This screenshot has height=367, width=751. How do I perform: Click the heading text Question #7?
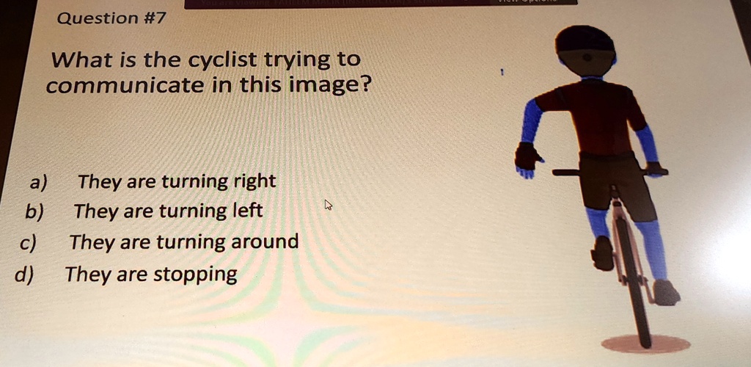point(111,18)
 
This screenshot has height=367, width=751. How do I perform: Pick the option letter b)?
point(34,212)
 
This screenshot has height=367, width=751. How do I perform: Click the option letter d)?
point(25,275)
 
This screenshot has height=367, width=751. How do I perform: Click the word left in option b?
point(246,211)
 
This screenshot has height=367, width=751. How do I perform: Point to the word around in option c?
point(265,241)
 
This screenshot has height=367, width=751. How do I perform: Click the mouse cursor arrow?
point(329,205)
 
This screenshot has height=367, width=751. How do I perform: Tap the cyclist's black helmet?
point(585,40)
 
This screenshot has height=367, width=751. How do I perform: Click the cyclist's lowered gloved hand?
point(528,158)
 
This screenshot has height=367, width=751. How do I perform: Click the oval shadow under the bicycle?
point(645,343)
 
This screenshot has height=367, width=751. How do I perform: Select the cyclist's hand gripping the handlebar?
point(654,169)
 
